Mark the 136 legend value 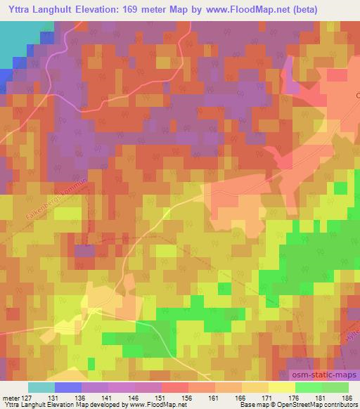pyautogui.click(x=81, y=397)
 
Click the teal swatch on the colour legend pyautogui.click(x=41, y=387)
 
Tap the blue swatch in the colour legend pyautogui.click(x=68, y=387)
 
